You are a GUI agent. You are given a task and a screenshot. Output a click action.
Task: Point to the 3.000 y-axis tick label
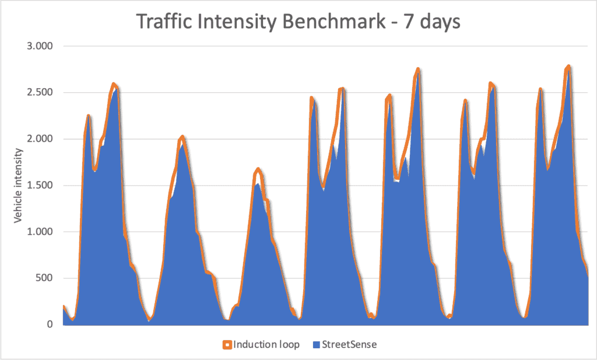coord(40,46)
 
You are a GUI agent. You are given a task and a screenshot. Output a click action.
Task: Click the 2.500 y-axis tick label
coord(40,93)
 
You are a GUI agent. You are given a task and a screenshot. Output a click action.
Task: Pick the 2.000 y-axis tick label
coord(40,139)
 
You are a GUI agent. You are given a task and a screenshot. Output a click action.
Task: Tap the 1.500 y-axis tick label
coord(40,186)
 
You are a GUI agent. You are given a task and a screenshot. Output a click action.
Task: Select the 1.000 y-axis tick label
coord(40,232)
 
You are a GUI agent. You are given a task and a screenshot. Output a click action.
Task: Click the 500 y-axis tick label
coord(44,278)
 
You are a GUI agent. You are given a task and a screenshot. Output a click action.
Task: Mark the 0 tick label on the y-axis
coord(50,324)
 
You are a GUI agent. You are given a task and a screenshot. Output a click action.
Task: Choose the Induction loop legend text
coord(266,344)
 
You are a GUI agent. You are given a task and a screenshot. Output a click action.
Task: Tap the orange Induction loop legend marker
coord(227,344)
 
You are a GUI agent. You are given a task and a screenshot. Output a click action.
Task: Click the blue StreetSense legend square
coord(317,344)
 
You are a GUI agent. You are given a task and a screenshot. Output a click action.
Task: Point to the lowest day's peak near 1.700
coord(258,169)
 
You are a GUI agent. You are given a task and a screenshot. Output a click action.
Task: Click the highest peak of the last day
coord(568,67)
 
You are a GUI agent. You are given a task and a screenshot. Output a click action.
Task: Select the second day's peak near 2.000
coord(182,137)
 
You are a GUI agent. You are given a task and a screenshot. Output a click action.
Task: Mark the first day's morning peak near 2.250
coord(88,116)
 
